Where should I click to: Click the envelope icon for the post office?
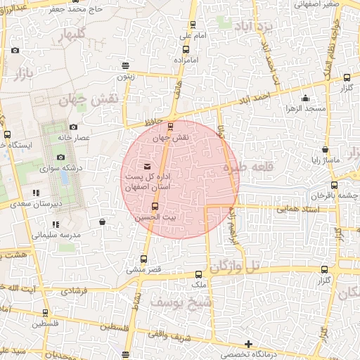click(146, 166)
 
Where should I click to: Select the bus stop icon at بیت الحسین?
click(155, 207)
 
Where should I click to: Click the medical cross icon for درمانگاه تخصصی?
click(248, 344)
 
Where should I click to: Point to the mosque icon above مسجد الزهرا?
click(304, 98)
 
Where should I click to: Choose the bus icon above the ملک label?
click(198, 274)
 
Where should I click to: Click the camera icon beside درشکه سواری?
click(61, 157)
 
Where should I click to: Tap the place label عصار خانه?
click(75, 138)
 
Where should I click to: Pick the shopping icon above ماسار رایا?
click(325, 149)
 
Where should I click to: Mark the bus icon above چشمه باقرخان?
click(334, 185)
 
